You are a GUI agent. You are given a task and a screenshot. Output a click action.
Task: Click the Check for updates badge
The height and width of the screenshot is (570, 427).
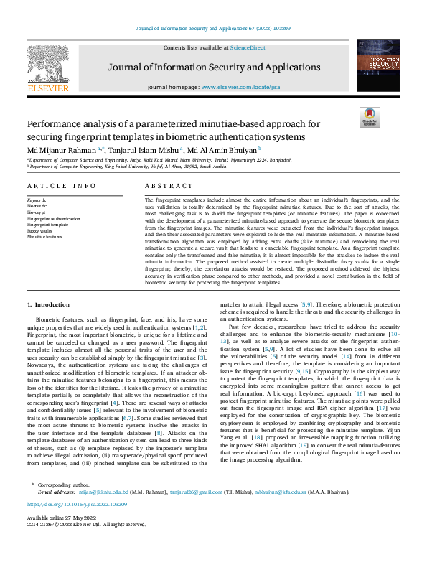[369, 118]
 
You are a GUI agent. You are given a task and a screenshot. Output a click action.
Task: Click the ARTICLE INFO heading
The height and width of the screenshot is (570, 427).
[61, 186]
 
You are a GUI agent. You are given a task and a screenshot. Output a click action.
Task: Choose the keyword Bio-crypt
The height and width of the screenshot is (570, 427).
[37, 213]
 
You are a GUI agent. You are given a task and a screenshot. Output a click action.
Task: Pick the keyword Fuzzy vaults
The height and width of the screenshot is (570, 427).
[39, 230]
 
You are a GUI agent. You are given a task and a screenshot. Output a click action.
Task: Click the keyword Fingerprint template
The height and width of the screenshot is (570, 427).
[47, 225]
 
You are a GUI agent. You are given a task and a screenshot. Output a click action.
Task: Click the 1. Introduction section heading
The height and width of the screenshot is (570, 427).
[48, 306]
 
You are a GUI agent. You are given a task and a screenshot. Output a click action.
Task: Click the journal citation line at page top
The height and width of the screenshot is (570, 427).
[213, 29]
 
